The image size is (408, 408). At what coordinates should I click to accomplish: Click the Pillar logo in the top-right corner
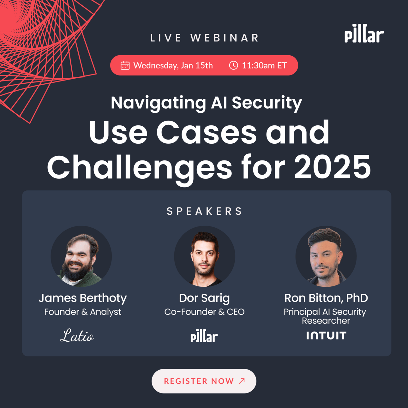tap(364, 33)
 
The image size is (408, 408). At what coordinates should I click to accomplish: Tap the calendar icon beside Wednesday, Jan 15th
tap(125, 65)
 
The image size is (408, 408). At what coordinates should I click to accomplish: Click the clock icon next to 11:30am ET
tap(234, 65)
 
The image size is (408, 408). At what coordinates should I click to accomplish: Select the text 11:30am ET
tap(264, 65)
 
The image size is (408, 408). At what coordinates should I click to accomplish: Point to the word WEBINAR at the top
tap(225, 38)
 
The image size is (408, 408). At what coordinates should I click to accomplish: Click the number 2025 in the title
tap(332, 167)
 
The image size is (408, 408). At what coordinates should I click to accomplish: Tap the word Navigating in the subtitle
tap(158, 103)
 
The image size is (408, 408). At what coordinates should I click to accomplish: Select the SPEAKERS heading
tap(204, 211)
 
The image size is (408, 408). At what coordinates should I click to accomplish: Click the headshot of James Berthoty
tap(81, 256)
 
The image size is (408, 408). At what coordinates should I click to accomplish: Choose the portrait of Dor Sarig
tap(205, 256)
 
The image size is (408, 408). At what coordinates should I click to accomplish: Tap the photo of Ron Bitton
tap(326, 256)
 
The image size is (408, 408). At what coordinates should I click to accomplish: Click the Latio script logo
tap(77, 335)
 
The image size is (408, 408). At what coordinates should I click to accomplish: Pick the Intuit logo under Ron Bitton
tap(326, 335)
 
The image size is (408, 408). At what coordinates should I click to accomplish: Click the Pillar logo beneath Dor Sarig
tap(204, 336)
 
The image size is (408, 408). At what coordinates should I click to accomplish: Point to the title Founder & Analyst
tap(82, 312)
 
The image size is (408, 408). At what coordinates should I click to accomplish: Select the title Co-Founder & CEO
tap(204, 312)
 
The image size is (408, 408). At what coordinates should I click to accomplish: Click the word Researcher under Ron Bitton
tap(326, 321)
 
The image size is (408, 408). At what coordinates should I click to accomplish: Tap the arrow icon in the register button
tap(242, 381)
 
